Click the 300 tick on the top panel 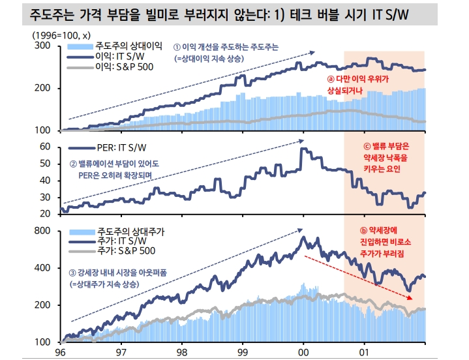point(42,46)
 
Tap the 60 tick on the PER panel point(45,147)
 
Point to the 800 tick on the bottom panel point(42,231)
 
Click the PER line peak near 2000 point(302,149)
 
